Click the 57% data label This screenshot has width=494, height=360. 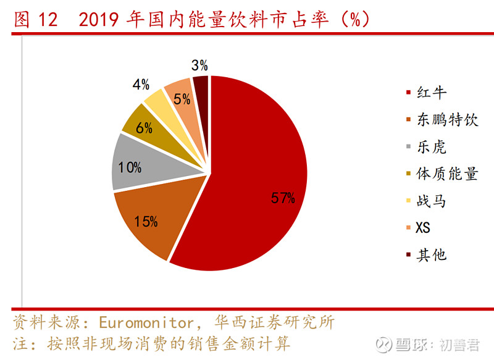pyautogui.click(x=283, y=198)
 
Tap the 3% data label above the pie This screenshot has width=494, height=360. pyautogui.click(x=199, y=65)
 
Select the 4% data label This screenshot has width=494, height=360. pyautogui.click(x=141, y=85)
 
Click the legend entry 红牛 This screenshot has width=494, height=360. pyautogui.click(x=431, y=93)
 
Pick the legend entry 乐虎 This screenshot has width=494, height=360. pyautogui.click(x=431, y=147)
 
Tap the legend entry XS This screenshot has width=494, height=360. pyautogui.click(x=423, y=228)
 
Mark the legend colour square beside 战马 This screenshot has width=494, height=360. pyautogui.click(x=408, y=201)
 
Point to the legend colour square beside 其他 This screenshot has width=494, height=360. pyautogui.click(x=408, y=254)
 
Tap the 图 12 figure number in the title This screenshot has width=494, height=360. pyautogui.click(x=35, y=20)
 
